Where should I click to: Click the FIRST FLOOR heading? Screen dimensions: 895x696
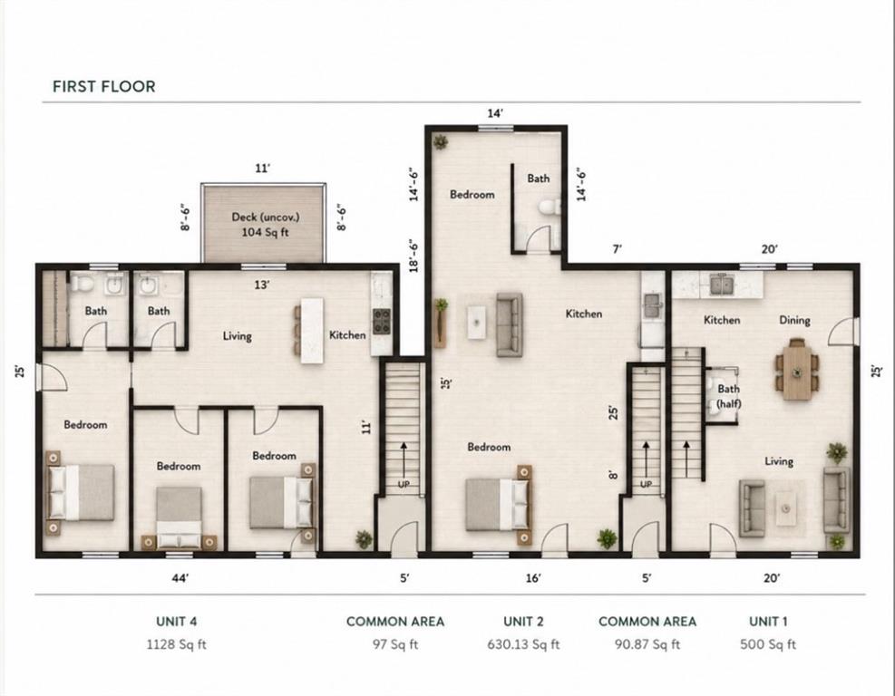[104, 87]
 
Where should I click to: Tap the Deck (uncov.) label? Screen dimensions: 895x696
[266, 217]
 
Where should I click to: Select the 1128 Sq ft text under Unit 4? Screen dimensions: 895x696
[177, 644]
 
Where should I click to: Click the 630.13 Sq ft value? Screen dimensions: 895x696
[523, 644]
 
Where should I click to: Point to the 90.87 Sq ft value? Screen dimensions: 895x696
[647, 644]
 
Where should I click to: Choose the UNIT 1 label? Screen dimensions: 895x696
[768, 622]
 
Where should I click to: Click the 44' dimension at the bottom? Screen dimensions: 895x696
[180, 578]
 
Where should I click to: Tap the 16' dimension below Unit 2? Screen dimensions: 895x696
[533, 578]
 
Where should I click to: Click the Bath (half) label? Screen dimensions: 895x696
[729, 397]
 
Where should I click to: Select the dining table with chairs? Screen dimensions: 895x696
[797, 369]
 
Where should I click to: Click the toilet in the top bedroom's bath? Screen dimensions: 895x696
[550, 208]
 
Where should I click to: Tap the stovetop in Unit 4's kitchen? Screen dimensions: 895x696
[381, 321]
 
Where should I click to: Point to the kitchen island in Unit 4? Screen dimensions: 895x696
[312, 330]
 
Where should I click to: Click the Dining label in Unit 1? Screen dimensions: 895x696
[794, 320]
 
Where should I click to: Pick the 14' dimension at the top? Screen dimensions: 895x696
[495, 113]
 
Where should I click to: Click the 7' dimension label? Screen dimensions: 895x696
[617, 249]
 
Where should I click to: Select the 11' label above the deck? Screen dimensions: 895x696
[262, 169]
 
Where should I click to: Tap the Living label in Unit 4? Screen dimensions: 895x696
[237, 336]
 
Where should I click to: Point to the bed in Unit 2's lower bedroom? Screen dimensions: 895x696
[499, 505]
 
